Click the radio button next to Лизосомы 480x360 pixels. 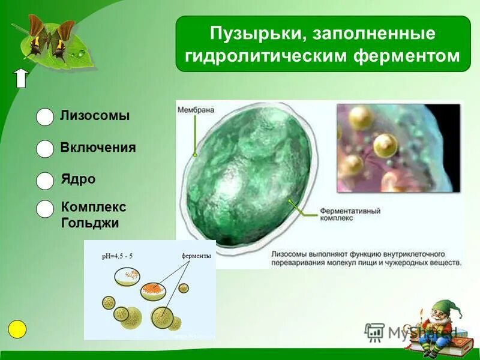(x=45, y=118)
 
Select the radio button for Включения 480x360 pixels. (x=45, y=149)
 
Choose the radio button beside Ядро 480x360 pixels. (x=45, y=181)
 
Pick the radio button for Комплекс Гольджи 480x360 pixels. (x=45, y=209)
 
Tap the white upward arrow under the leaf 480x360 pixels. (x=21, y=78)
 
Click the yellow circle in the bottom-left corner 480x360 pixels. (x=17, y=329)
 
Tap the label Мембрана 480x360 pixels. (x=196, y=110)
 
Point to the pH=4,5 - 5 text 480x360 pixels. (x=118, y=256)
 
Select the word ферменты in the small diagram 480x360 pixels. (x=196, y=256)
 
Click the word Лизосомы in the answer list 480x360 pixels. (x=95, y=116)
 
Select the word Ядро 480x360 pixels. (x=78, y=179)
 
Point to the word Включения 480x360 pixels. (x=98, y=148)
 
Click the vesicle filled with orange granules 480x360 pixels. (x=153, y=291)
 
